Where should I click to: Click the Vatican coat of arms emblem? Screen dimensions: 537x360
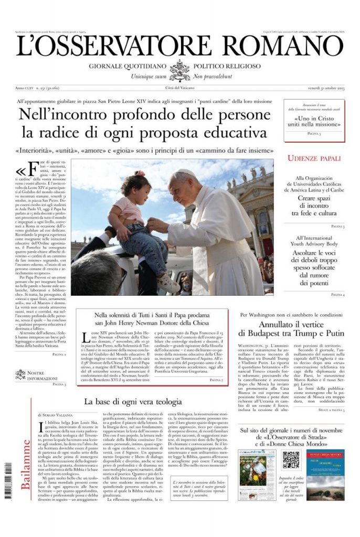[180, 70]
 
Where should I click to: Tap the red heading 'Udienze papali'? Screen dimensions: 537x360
[314, 158]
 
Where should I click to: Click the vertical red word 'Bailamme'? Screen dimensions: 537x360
[25, 464]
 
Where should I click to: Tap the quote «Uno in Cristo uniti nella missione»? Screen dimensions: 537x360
[314, 122]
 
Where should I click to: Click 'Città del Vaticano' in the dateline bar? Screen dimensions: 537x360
[179, 87]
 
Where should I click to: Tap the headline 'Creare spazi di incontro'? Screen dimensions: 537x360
[314, 206]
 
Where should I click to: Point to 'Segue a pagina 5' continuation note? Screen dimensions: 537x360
[330, 409]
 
